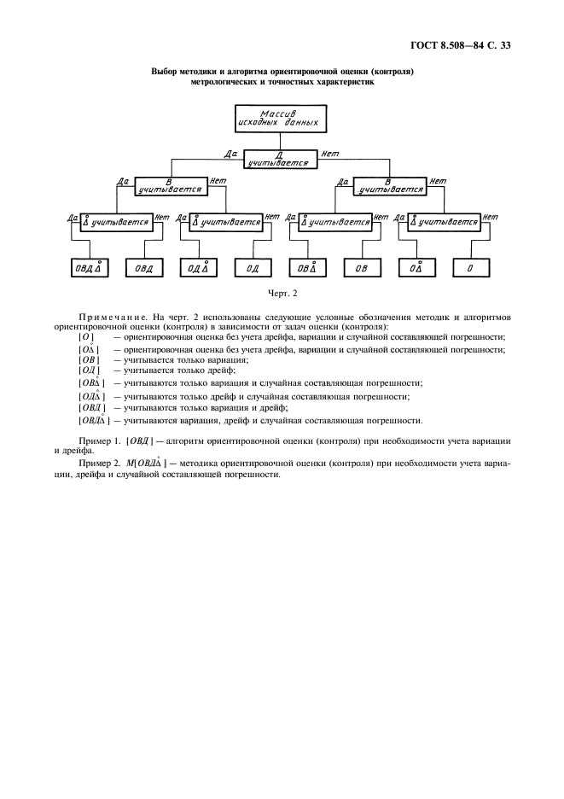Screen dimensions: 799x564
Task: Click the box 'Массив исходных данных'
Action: coord(281,119)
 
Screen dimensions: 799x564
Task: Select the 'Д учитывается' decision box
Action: coord(281,160)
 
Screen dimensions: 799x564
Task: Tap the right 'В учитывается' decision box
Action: coord(390,185)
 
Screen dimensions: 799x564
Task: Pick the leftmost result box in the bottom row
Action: coord(89,268)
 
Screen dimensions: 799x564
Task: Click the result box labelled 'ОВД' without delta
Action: coord(142,268)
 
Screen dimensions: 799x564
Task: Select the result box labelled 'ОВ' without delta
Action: coord(363,268)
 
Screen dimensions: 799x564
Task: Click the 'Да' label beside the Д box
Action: coord(229,154)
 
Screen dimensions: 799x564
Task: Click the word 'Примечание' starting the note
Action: coord(109,317)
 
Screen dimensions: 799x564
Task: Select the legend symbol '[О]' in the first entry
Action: coord(86,337)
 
